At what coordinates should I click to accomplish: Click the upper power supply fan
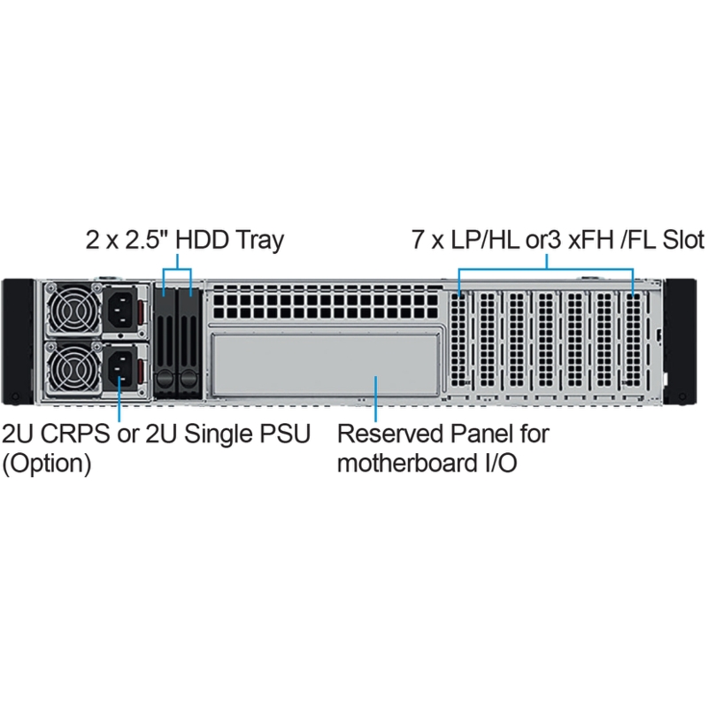click(x=73, y=309)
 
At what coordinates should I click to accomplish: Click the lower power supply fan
click(x=73, y=367)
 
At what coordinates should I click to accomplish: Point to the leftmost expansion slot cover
click(x=459, y=340)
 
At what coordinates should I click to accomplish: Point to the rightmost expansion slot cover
click(x=634, y=340)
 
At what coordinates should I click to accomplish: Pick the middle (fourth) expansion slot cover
click(x=545, y=340)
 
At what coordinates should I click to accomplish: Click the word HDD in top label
click(x=202, y=239)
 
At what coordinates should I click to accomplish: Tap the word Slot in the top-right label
click(x=682, y=239)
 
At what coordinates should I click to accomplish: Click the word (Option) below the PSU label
click(x=47, y=464)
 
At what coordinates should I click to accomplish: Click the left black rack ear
click(x=18, y=342)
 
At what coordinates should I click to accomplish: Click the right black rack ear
click(x=681, y=342)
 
